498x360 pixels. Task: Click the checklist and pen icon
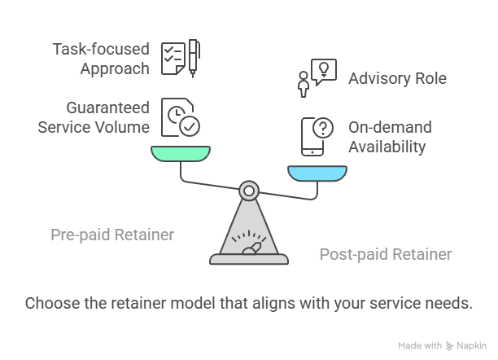tap(181, 59)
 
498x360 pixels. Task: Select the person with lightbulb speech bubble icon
tap(316, 78)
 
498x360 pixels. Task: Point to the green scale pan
tap(180, 153)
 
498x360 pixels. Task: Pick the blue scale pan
tap(317, 172)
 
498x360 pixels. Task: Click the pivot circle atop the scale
tap(249, 191)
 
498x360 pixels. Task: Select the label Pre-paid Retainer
tap(112, 235)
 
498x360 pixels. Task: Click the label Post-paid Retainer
tap(385, 254)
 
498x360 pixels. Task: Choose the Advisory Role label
tap(397, 79)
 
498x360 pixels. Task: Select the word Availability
tap(387, 147)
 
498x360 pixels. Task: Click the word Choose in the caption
tap(50, 303)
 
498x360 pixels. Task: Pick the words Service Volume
tap(94, 127)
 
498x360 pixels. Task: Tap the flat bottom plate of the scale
tap(249, 260)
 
